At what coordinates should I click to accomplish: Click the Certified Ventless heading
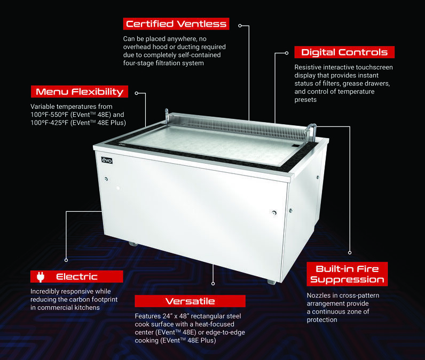pyautogui.click(x=176, y=24)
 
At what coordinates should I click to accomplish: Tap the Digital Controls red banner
pyautogui.click(x=344, y=52)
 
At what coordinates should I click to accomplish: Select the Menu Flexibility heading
pyautogui.click(x=80, y=92)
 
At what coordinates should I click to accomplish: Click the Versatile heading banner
pyautogui.click(x=190, y=301)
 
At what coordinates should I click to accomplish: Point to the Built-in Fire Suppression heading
pyautogui.click(x=347, y=274)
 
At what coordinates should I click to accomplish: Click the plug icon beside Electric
pyautogui.click(x=41, y=277)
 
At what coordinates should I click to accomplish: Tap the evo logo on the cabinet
pyautogui.click(x=107, y=160)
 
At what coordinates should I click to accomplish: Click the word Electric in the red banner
pyautogui.click(x=77, y=277)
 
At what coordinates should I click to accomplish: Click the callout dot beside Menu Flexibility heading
pyautogui.click(x=137, y=93)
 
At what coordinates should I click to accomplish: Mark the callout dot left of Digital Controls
pyautogui.click(x=287, y=53)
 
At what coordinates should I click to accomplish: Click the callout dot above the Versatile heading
pyautogui.click(x=213, y=283)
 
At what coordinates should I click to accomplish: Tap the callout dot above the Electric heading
pyautogui.click(x=66, y=260)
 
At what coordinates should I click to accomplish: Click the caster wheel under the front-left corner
pyautogui.click(x=133, y=244)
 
